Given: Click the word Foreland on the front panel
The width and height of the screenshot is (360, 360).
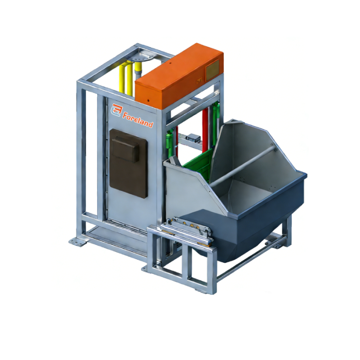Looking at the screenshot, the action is click(138, 119).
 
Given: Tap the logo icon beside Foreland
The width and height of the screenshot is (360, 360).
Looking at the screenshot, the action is click(117, 110).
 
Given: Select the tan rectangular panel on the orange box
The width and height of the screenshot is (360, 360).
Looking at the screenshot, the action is click(212, 69).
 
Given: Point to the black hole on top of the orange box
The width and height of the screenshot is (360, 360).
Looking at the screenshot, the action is click(170, 62).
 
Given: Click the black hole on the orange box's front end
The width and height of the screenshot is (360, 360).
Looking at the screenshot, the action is click(149, 100).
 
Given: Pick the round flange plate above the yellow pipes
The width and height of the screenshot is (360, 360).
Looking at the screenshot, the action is click(140, 58).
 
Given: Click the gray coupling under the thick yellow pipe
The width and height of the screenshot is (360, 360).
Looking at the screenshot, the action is click(138, 75).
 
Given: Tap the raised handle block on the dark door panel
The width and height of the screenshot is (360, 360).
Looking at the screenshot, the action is click(125, 149).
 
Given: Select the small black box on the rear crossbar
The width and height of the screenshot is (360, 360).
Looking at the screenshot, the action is click(193, 137).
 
